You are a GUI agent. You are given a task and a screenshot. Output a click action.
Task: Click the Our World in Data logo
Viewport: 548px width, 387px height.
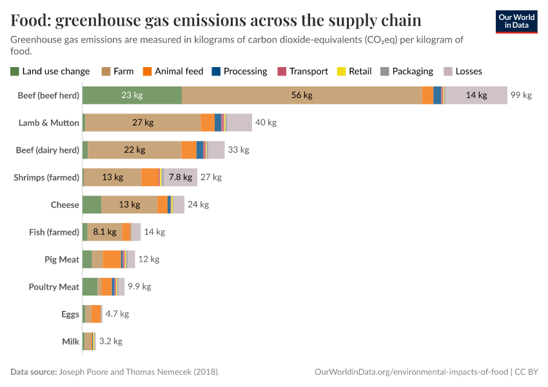[516, 21]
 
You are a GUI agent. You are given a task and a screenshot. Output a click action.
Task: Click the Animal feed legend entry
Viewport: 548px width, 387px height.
[173, 72]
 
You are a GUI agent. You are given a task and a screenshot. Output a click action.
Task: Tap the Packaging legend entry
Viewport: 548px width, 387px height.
[406, 72]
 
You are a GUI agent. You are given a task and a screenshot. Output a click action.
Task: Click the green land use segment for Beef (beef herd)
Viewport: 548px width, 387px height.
[132, 95]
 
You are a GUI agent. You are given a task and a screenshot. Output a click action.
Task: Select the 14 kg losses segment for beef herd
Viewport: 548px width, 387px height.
[476, 95]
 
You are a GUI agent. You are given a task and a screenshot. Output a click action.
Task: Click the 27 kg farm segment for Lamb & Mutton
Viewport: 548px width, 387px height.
[142, 123]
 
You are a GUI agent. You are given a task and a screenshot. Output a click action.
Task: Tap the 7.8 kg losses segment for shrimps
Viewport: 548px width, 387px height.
[181, 177]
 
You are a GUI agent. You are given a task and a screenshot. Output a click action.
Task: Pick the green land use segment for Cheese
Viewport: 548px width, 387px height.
[92, 204]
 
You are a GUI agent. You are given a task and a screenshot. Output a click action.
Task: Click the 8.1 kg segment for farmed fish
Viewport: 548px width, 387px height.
[104, 232]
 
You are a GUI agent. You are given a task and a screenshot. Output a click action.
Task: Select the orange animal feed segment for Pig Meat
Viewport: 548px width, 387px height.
[112, 259]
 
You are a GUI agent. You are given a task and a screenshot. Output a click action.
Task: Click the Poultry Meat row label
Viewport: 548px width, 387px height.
[54, 287]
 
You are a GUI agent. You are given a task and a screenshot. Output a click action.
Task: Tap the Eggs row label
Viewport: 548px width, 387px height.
[70, 314]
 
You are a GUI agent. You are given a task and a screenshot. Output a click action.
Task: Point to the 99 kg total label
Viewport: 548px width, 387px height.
[521, 95]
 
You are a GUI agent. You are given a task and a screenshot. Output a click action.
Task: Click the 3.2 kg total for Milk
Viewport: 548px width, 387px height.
[110, 341]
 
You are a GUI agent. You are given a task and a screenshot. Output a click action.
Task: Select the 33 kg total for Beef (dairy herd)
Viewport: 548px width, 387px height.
[239, 150]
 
